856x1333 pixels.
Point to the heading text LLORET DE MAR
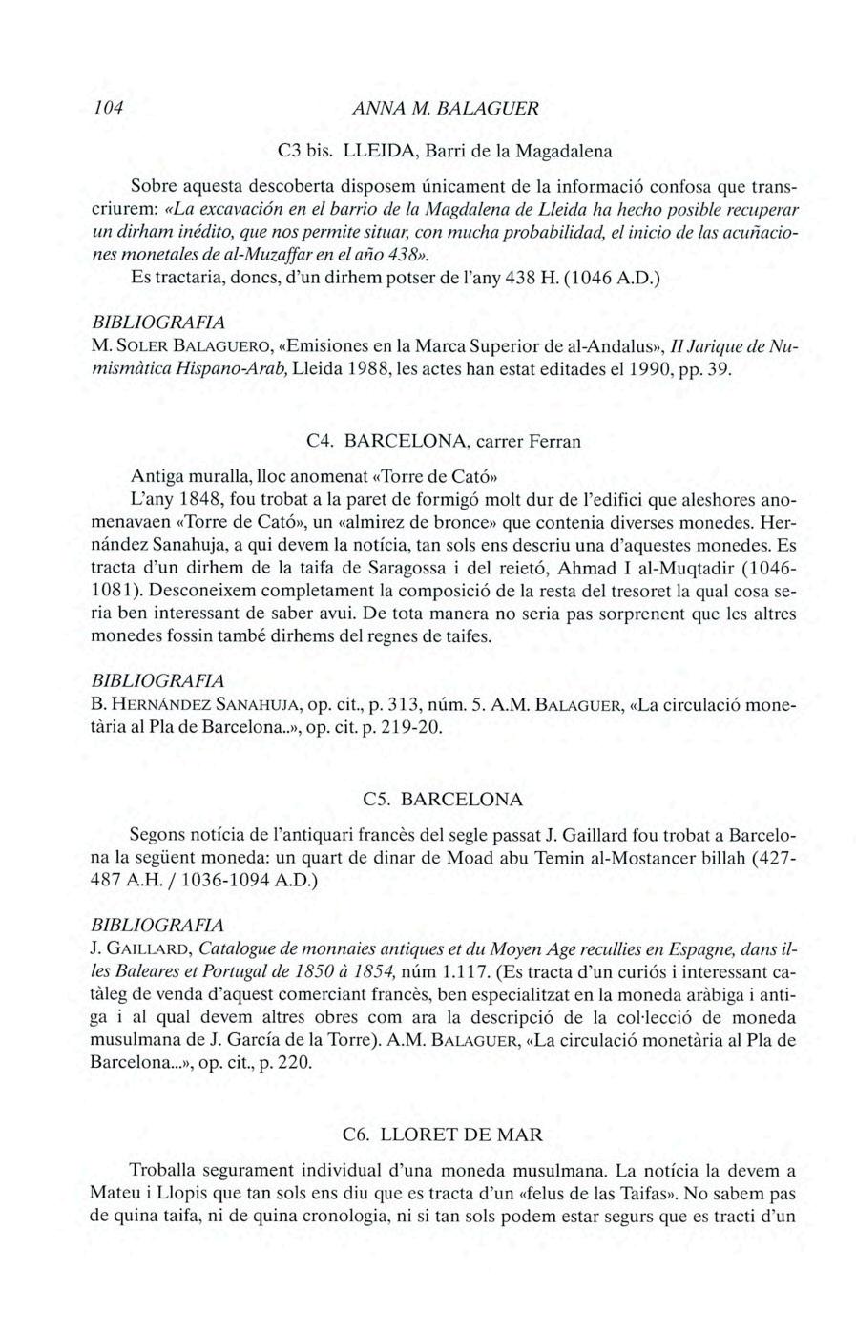[x=461, y=1135]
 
